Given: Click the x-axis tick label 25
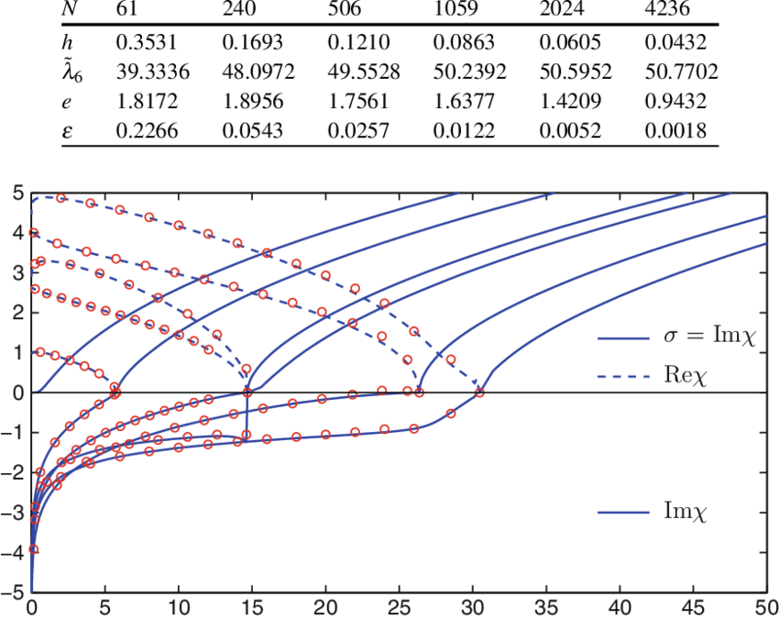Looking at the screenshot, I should (x=399, y=607).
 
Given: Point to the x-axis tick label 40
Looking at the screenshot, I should (x=619, y=607).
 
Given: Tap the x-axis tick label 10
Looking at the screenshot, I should (x=179, y=607).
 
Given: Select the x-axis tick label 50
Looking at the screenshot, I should (x=765, y=607).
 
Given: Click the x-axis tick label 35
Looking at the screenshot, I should (x=545, y=607).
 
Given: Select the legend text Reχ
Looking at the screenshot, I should (x=687, y=376).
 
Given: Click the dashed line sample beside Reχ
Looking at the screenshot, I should (x=624, y=376).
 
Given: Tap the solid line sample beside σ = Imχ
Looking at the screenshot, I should (x=624, y=338).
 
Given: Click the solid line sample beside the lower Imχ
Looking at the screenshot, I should (x=624, y=512).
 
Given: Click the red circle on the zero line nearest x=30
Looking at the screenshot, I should (x=478, y=393).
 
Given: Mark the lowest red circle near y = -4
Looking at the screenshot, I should (x=33, y=548).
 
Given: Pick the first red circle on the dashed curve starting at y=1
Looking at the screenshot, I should (x=39, y=352).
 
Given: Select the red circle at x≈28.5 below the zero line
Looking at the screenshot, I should (x=451, y=414).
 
